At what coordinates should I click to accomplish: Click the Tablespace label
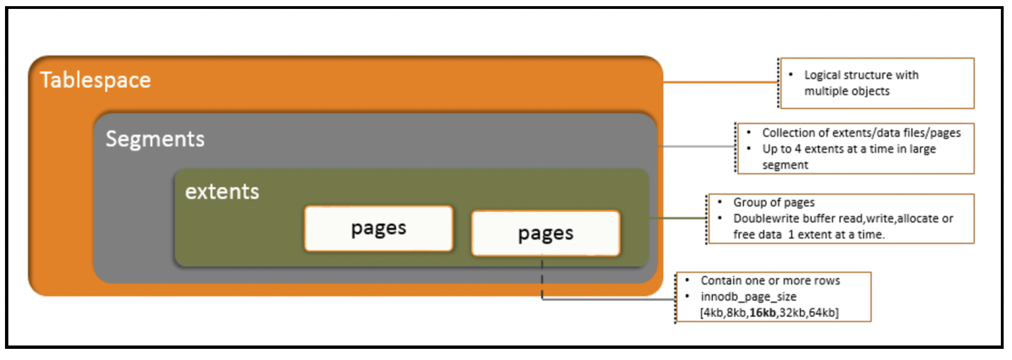click(95, 80)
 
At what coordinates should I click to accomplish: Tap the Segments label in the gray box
click(155, 139)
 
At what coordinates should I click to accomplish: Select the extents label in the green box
click(222, 192)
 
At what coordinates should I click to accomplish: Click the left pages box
click(378, 228)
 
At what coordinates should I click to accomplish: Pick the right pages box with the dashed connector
click(546, 233)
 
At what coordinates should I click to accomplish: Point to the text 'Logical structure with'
click(861, 75)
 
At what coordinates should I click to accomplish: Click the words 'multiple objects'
click(846, 91)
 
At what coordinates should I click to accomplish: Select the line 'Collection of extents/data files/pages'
click(861, 133)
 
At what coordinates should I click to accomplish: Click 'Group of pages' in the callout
click(773, 202)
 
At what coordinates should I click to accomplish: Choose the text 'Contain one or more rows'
click(770, 280)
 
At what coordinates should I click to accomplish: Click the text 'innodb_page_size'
click(748, 296)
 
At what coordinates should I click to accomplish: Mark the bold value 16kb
click(762, 313)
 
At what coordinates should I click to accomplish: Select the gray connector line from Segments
click(697, 147)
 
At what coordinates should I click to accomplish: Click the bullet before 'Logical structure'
click(791, 75)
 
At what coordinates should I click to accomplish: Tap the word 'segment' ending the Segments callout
click(785, 165)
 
